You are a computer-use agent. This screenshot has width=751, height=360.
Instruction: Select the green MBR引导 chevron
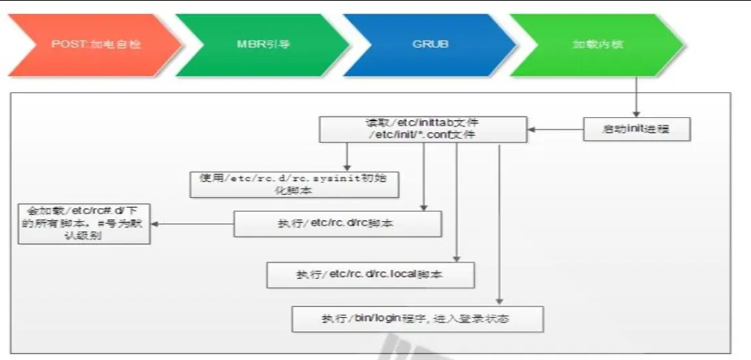coord(260,45)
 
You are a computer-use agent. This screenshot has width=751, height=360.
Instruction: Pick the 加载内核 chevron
coord(594,45)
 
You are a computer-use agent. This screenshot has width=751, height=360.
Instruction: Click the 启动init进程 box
coord(636,128)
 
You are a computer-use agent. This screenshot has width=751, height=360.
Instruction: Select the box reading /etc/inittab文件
coord(423,129)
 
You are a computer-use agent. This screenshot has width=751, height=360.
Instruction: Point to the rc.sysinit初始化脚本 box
coord(294,184)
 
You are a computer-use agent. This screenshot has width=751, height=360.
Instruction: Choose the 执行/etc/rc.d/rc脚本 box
coord(338,224)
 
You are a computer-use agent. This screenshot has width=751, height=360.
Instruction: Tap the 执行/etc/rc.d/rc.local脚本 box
coord(371,276)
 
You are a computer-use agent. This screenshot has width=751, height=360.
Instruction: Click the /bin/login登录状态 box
coord(417,318)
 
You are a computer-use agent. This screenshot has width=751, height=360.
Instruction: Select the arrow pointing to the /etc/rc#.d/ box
coord(192,224)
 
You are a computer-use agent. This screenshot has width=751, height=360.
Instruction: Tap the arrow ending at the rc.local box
coord(457,203)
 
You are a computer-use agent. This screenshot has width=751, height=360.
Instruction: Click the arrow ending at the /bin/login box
coord(500,223)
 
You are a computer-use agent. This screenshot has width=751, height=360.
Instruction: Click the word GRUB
coord(430,45)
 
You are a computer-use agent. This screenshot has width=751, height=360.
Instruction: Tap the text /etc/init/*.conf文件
coord(423,135)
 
